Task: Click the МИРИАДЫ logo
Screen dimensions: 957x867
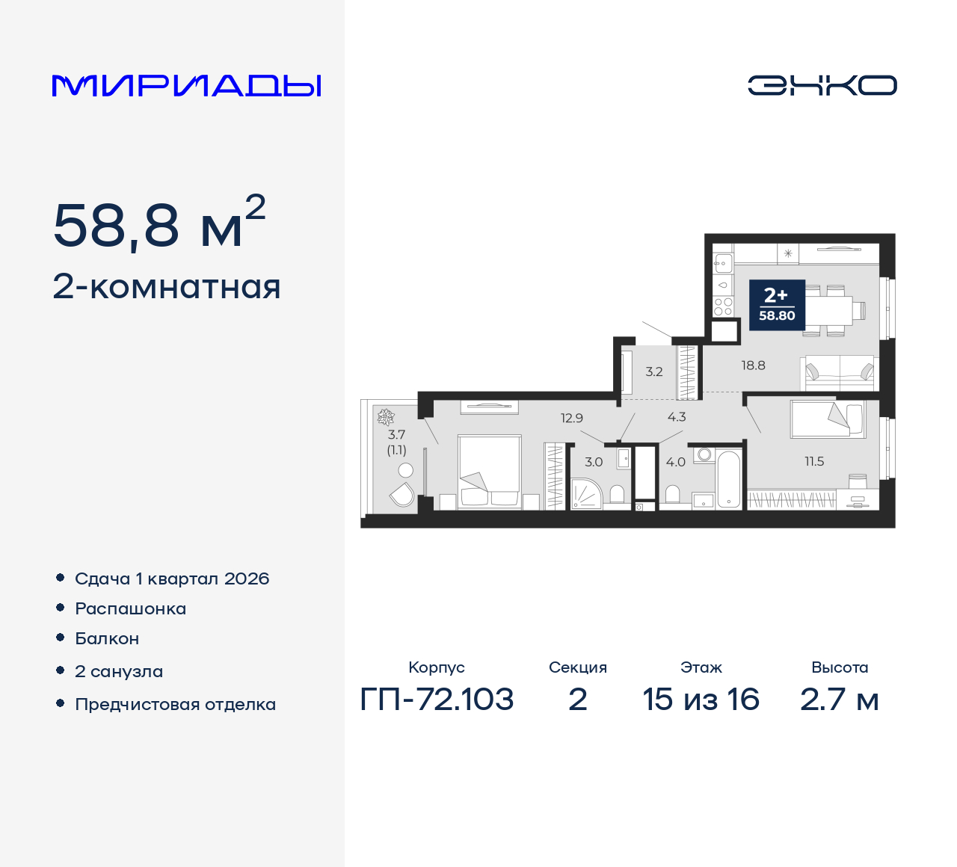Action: [186, 86]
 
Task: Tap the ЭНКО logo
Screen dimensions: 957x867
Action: [822, 85]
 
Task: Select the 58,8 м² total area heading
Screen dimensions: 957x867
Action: [159, 223]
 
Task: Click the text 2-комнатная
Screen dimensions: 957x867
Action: [167, 287]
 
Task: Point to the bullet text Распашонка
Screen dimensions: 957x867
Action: [130, 609]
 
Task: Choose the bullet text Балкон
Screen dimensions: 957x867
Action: [107, 638]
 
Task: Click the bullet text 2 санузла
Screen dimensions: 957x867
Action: [119, 671]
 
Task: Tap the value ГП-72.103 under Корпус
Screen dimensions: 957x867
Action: [437, 699]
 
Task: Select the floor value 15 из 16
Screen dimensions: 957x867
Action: [701, 699]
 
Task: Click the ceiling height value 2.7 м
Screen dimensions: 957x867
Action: [839, 699]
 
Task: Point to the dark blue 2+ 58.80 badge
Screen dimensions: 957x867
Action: [777, 305]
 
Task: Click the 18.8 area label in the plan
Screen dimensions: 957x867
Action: [754, 365]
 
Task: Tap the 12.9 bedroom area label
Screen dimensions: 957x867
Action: [571, 419]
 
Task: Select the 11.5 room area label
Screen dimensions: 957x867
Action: [814, 461]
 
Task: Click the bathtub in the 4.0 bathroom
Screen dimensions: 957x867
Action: [728, 479]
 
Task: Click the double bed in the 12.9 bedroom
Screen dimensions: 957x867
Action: [489, 471]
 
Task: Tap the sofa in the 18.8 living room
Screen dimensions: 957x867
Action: [840, 374]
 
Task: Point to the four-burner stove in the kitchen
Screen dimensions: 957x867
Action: [723, 306]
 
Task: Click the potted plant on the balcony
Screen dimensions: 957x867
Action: [386, 417]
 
